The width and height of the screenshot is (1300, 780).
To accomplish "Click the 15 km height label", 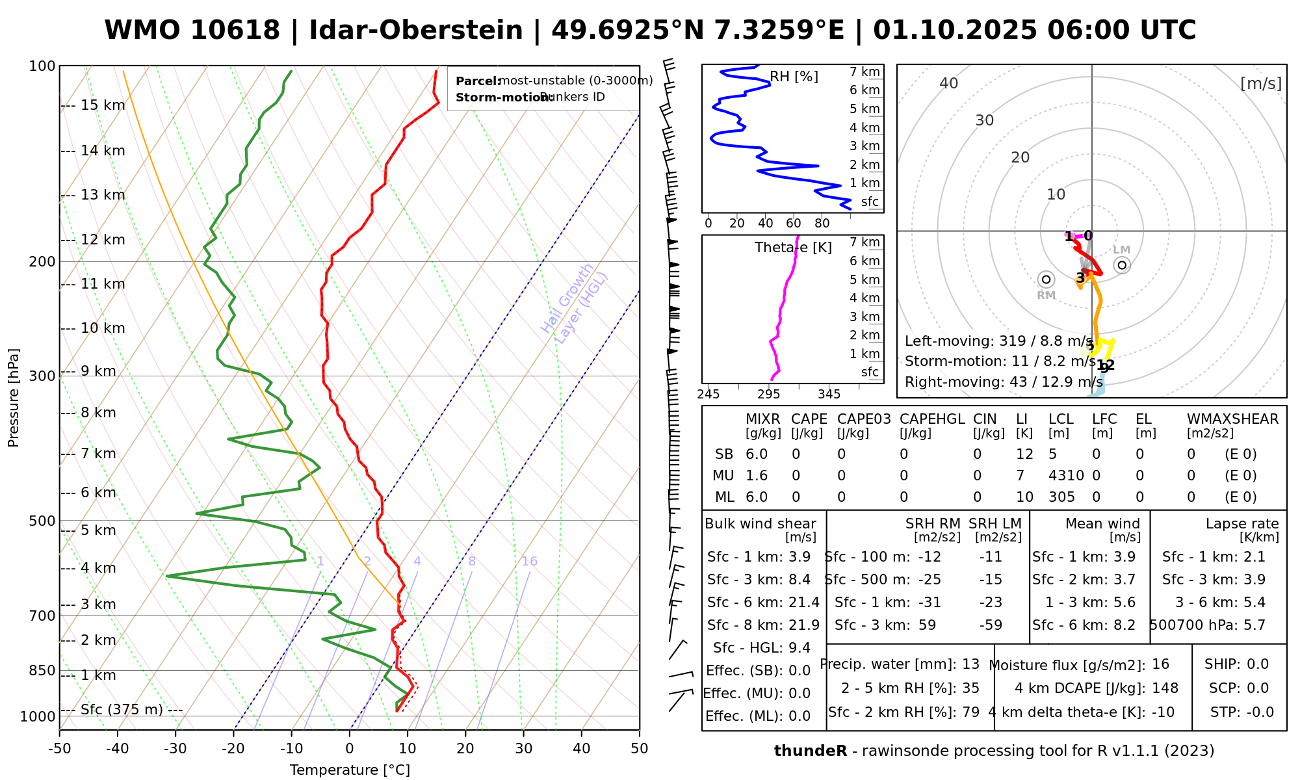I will [x=103, y=105].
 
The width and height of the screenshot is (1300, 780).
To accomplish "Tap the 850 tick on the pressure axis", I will [x=42, y=670].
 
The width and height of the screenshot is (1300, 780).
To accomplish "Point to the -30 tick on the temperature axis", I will [x=175, y=749].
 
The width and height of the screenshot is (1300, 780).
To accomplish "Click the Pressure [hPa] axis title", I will [x=14, y=398].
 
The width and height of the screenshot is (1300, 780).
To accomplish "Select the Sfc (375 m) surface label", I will [x=122, y=710].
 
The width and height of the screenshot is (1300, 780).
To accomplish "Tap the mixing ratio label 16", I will [x=529, y=562].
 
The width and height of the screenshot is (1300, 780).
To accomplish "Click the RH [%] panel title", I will [x=794, y=77].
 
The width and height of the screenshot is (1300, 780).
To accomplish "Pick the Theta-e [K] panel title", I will [x=793, y=248].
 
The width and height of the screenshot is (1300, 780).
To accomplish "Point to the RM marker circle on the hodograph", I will [x=1046, y=279].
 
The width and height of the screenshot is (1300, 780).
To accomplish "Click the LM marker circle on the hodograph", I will [x=1122, y=265].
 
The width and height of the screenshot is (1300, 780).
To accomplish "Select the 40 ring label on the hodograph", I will [x=949, y=83].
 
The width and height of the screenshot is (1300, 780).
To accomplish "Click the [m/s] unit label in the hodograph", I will [x=1261, y=83].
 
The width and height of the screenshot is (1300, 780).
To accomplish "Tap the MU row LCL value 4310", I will [x=1066, y=476].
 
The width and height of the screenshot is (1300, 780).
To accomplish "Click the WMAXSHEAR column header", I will [x=1232, y=419].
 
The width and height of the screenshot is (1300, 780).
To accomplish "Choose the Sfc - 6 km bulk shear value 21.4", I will [x=803, y=603].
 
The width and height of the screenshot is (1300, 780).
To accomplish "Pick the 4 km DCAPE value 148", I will [x=1165, y=688].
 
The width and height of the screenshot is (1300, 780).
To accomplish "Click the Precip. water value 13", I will [x=970, y=664].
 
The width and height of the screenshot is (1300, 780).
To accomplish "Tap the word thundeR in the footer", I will [x=811, y=751].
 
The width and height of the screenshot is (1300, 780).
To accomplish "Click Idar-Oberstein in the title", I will [x=416, y=31].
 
